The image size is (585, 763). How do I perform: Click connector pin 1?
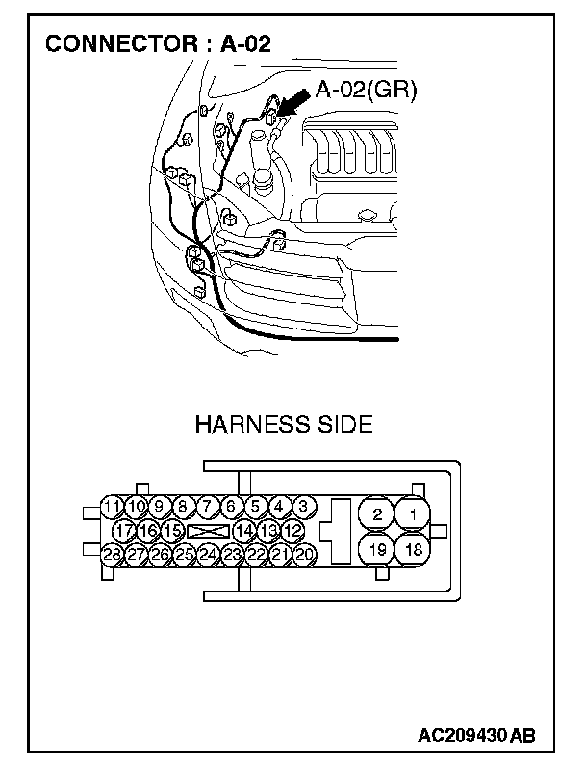(414, 514)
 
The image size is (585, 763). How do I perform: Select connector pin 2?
(377, 514)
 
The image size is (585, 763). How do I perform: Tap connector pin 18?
(414, 550)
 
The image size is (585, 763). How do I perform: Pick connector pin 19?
(377, 550)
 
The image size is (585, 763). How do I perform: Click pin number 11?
(112, 506)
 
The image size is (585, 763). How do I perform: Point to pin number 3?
(302, 506)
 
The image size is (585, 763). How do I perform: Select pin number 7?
(207, 506)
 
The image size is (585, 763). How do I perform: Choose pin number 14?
(244, 530)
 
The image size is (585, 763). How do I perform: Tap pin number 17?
(124, 530)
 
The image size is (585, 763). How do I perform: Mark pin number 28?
(112, 554)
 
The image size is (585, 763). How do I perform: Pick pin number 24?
(207, 554)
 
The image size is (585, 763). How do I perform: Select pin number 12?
(293, 530)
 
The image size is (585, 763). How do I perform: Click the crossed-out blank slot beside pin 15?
(209, 530)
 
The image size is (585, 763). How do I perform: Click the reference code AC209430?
(462, 735)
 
